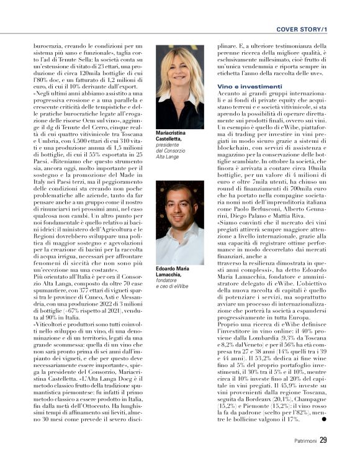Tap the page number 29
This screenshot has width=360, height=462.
(x=323, y=440)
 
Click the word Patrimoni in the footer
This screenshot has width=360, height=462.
(x=302, y=441)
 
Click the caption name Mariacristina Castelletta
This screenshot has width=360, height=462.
(x=173, y=137)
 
